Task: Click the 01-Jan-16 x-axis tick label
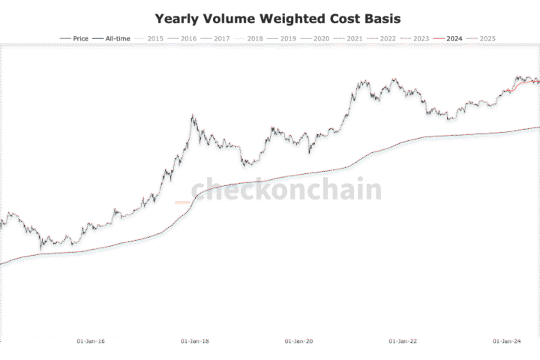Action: pos(91,341)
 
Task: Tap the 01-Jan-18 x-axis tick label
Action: pos(195,341)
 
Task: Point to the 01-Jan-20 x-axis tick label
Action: pos(299,341)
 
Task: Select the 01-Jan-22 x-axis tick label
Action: pos(403,341)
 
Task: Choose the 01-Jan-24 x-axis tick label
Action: pos(507,341)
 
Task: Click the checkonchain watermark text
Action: pos(286,190)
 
